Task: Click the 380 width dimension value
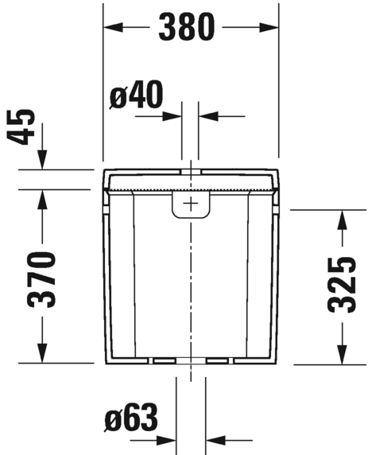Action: pyautogui.click(x=187, y=27)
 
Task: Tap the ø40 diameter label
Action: pyautogui.click(x=136, y=95)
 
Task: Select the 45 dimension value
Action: pyautogui.click(x=21, y=126)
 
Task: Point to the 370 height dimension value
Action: pyautogui.click(x=41, y=280)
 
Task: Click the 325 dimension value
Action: pyautogui.click(x=342, y=285)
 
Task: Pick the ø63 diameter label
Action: pyautogui.click(x=131, y=418)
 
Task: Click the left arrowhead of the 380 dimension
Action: pyautogui.click(x=113, y=27)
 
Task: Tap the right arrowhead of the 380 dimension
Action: pyautogui.click(x=269, y=27)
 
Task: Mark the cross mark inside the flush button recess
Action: pyautogui.click(x=191, y=203)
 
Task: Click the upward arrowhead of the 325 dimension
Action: pyautogui.click(x=343, y=220)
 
